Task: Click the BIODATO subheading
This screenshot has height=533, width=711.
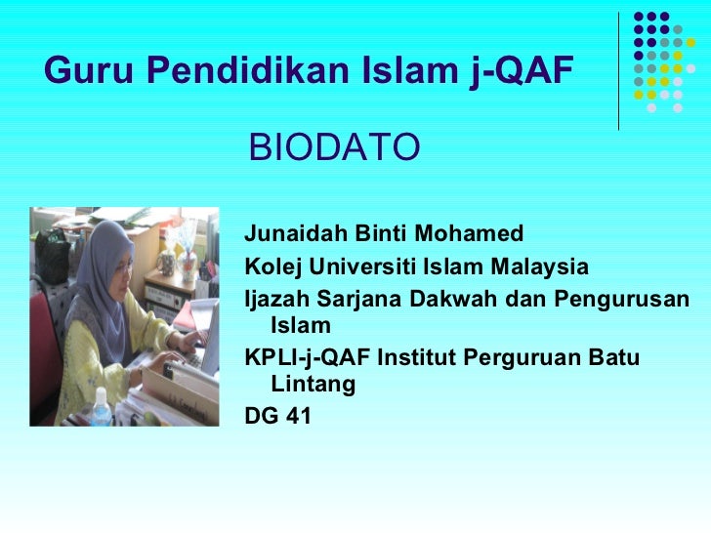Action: tap(335, 148)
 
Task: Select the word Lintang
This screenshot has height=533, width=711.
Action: tap(313, 386)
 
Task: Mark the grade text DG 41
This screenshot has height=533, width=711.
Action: tap(277, 417)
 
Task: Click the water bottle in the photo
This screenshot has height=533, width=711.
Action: tap(100, 408)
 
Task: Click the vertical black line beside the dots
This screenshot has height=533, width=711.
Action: tap(618, 70)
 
